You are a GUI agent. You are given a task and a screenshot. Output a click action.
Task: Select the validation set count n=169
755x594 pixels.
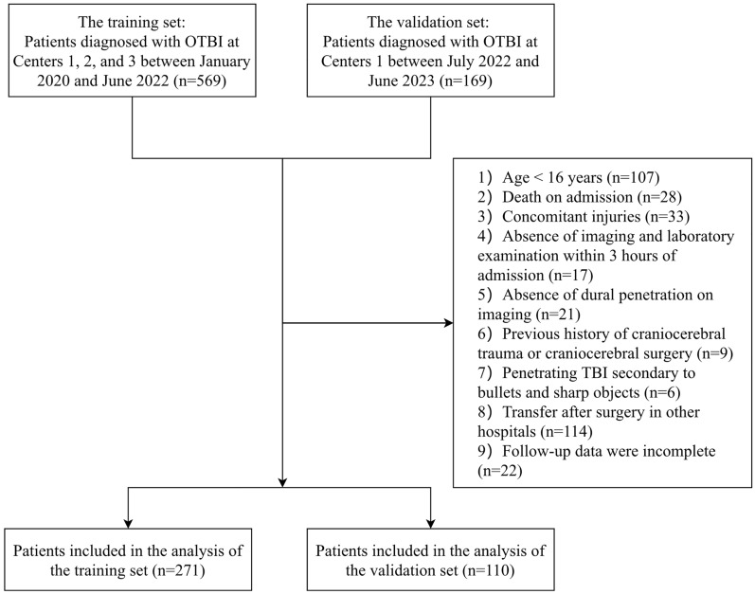point(466,81)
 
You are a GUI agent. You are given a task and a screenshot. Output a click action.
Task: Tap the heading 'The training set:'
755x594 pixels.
point(132,22)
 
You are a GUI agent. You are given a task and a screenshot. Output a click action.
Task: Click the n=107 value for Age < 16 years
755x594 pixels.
point(633,177)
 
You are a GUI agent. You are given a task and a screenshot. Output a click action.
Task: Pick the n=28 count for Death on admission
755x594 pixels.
point(659,197)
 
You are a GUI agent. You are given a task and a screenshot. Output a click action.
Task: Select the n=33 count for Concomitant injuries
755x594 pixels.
point(667,217)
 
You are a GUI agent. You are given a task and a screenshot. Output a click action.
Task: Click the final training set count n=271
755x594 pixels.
point(179,570)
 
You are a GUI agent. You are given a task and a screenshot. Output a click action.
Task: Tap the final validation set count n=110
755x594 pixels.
point(488,570)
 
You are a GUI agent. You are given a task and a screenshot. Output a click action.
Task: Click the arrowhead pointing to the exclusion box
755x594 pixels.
point(449,323)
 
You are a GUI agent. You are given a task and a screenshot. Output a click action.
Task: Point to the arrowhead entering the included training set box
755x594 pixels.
point(128,524)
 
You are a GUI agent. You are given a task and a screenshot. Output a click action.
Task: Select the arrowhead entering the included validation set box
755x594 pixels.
point(430,524)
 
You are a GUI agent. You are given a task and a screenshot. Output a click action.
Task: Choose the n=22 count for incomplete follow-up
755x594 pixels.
point(500,470)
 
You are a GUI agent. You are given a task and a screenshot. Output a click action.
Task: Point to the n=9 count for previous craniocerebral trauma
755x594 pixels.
point(714,353)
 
